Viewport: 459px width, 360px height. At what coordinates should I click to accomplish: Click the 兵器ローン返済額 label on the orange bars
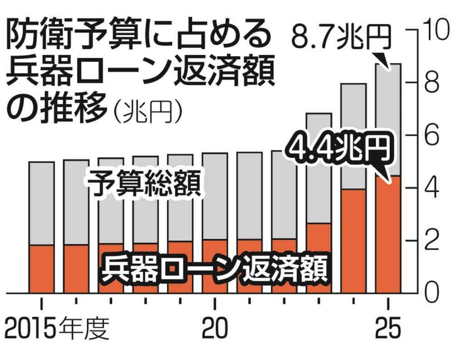[x=214, y=268]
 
